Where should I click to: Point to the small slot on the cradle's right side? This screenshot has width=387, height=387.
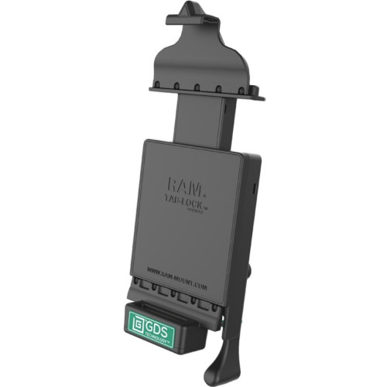(254, 188)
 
